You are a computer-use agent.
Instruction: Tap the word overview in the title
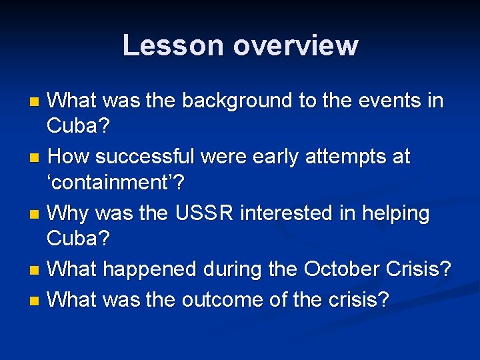tap(295, 45)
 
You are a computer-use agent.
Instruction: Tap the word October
tap(339, 270)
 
